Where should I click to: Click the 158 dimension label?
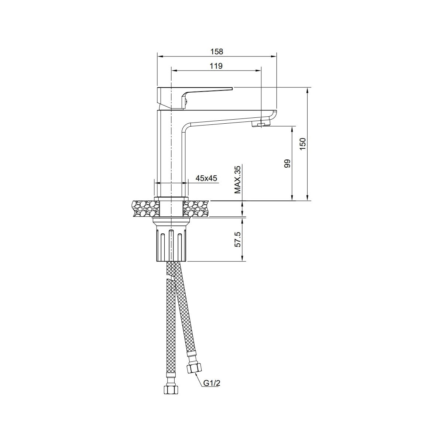click(x=217, y=51)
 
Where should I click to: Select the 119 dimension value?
click(x=216, y=66)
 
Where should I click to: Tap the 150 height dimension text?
click(x=303, y=144)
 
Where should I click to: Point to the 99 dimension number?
click(x=287, y=164)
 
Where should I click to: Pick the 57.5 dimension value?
click(x=238, y=239)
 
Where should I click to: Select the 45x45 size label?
click(x=206, y=178)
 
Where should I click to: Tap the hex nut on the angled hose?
click(x=195, y=363)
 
